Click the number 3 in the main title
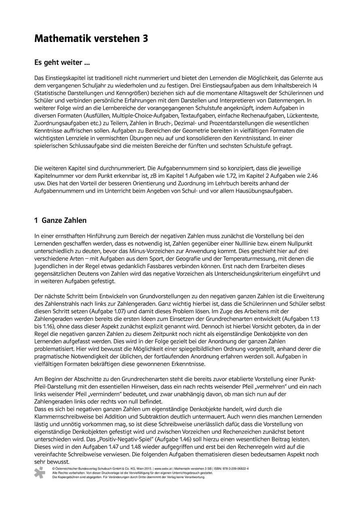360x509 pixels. (144, 39)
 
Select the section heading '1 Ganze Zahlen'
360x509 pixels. (61, 221)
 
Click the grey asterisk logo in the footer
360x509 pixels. (40, 472)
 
